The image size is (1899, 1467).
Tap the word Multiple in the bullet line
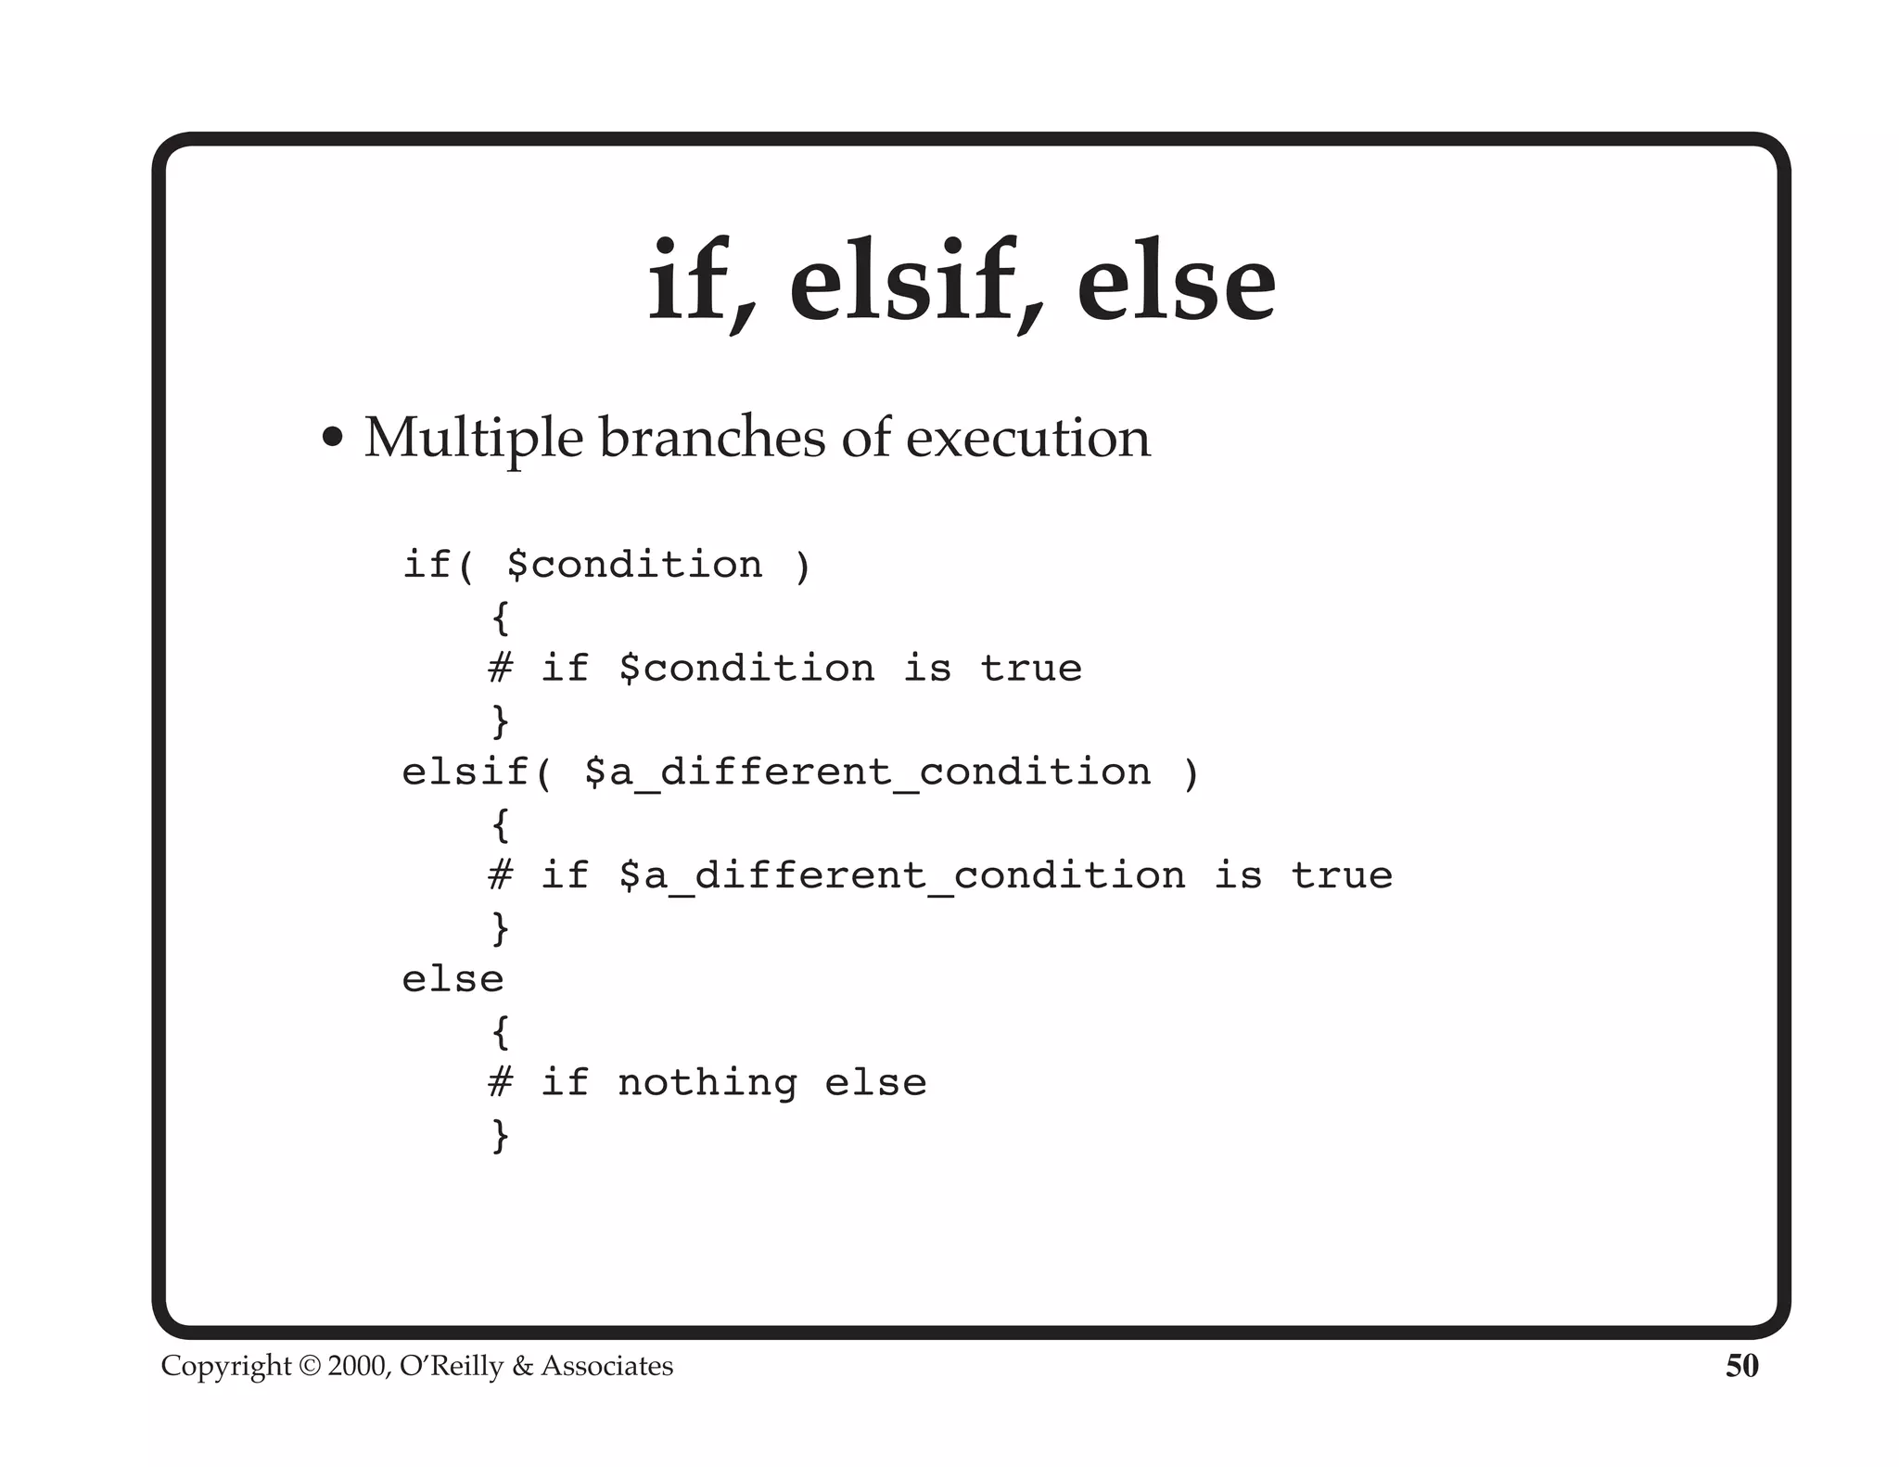pyautogui.click(x=473, y=438)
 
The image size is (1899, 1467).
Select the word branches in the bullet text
pyautogui.click(x=711, y=438)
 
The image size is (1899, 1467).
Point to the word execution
pyautogui.click(x=1027, y=438)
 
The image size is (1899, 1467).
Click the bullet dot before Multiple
pyautogui.click(x=332, y=438)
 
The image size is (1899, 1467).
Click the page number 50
pyautogui.click(x=1741, y=1366)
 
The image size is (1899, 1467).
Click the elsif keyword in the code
pyautogui.click(x=465, y=772)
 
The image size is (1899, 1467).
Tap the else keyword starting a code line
pyautogui.click(x=452, y=979)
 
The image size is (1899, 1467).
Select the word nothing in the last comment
pyautogui.click(x=707, y=1083)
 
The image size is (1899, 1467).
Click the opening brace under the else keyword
pyautogui.click(x=501, y=1031)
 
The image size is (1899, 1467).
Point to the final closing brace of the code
pyautogui.click(x=501, y=1135)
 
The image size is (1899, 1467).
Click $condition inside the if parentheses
pyautogui.click(x=635, y=565)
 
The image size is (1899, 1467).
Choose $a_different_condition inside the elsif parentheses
pyautogui.click(x=867, y=772)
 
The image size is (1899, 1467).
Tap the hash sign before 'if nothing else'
pyautogui.click(x=501, y=1082)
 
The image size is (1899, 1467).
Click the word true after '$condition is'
pyautogui.click(x=1031, y=669)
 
